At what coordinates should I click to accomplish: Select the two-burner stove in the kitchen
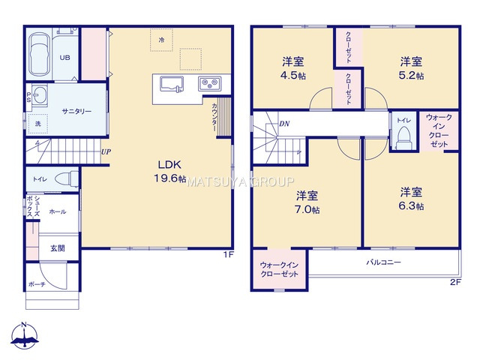click(208, 82)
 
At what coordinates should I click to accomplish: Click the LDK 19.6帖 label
click(171, 171)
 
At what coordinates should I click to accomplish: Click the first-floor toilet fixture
click(68, 178)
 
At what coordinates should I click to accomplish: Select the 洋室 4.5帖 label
click(292, 68)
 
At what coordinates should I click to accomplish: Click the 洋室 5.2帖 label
click(409, 68)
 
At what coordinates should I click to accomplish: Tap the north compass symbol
click(24, 336)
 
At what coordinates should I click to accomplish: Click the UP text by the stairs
click(106, 151)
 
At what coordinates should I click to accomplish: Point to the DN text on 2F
click(284, 123)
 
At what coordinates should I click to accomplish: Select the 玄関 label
click(57, 247)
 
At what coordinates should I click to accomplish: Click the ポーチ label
click(37, 284)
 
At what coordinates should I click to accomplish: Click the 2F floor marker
click(454, 282)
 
